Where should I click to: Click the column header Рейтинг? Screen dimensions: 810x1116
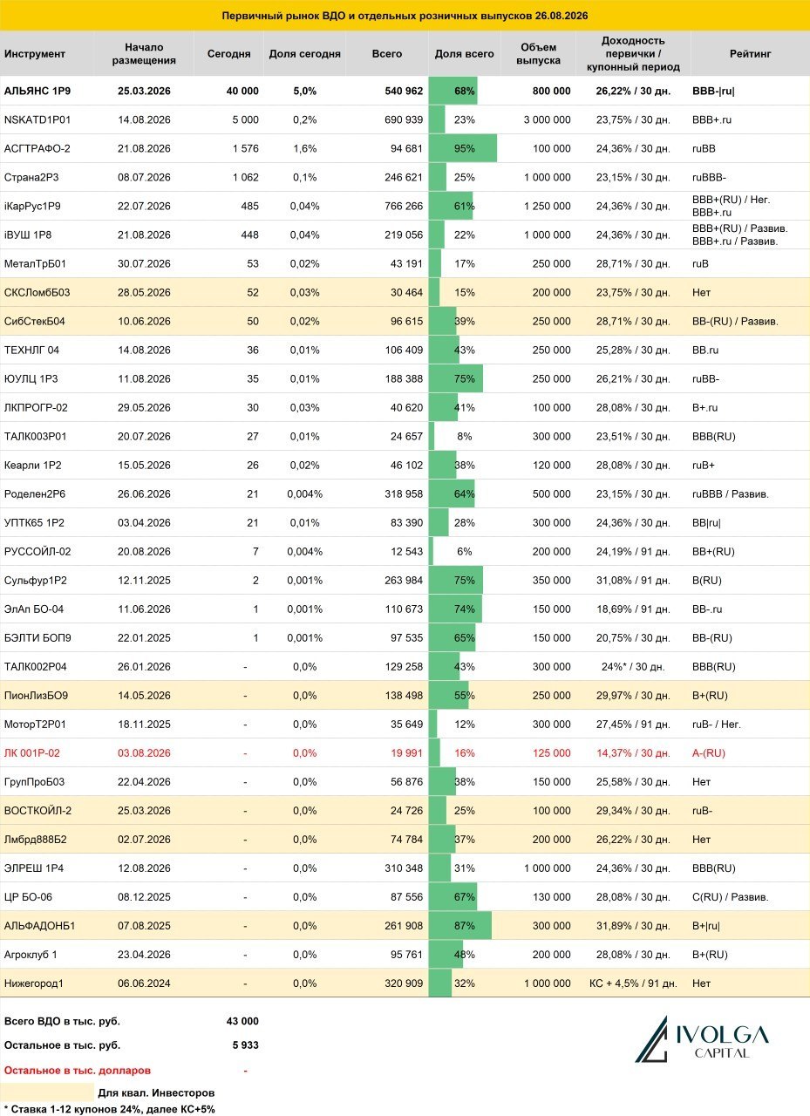coord(750,54)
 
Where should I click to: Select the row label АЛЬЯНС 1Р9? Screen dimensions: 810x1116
coord(37,92)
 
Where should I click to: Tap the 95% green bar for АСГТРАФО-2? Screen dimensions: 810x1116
coord(462,148)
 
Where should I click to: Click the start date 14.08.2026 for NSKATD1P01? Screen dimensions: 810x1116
coord(144,120)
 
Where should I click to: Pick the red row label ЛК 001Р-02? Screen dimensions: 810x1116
coord(32,753)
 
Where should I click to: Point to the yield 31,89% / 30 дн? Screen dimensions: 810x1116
coord(633,926)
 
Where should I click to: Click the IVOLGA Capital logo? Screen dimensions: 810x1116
coord(701,1039)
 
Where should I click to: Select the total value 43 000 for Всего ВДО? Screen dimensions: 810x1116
coord(242,1021)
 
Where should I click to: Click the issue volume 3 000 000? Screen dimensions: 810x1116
coord(547,120)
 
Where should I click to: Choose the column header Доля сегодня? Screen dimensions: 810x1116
coord(304,54)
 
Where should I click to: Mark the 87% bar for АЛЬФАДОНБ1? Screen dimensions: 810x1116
coord(460,926)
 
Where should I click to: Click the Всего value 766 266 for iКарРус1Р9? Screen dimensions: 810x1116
coord(404,207)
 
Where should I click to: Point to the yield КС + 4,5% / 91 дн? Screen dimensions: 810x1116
coord(633,983)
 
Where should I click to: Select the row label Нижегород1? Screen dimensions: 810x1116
coord(34,983)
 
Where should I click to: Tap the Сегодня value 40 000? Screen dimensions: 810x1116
coord(242,92)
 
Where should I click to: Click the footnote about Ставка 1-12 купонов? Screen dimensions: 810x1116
coord(110,1110)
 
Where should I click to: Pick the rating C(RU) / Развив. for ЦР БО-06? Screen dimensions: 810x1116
coord(731,897)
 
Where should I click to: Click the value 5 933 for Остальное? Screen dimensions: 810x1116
coord(246,1045)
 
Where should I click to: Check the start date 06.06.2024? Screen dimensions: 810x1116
coord(144,983)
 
